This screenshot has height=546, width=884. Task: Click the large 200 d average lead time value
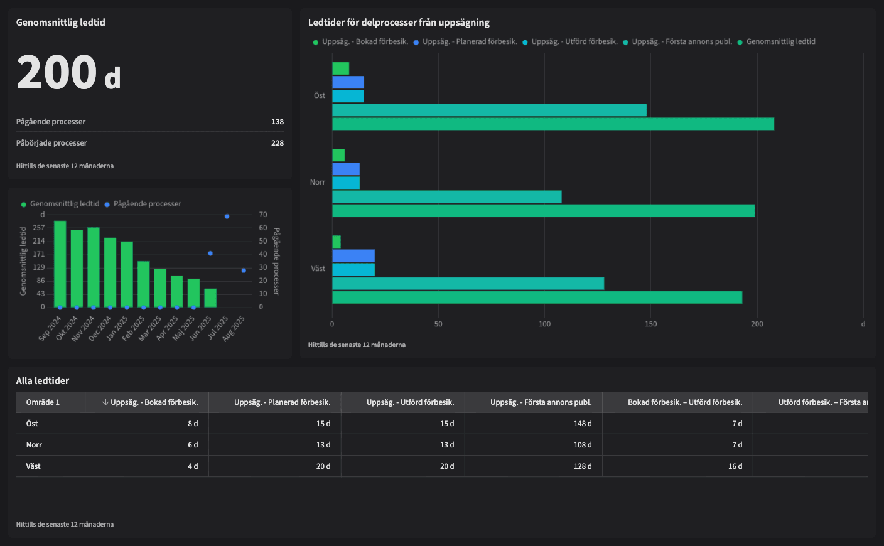pos(68,73)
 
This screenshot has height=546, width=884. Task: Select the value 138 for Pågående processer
pos(277,122)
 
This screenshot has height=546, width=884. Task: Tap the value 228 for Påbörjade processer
pos(277,143)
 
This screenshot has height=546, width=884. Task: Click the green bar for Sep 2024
pos(60,264)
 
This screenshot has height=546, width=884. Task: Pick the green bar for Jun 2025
pos(210,298)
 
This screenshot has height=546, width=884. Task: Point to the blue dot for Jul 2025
pos(227,217)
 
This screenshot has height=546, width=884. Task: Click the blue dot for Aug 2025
pos(244,270)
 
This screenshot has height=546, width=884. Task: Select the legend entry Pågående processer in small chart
pos(147,204)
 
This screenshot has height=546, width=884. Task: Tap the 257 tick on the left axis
pos(39,228)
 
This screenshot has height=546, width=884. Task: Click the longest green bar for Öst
pos(552,124)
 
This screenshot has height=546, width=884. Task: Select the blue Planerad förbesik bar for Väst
pos(353,256)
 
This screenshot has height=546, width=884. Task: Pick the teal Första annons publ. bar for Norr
pos(446,197)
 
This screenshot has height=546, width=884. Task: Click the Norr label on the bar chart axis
pos(317,183)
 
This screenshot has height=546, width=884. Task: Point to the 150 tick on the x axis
pos(650,324)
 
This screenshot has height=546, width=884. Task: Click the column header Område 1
pos(43,402)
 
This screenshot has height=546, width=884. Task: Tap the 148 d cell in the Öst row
pos(582,424)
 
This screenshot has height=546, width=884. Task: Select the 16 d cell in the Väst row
pos(735,466)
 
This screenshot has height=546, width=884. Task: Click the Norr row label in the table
pos(34,445)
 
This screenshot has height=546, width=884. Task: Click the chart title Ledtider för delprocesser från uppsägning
pos(399,23)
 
